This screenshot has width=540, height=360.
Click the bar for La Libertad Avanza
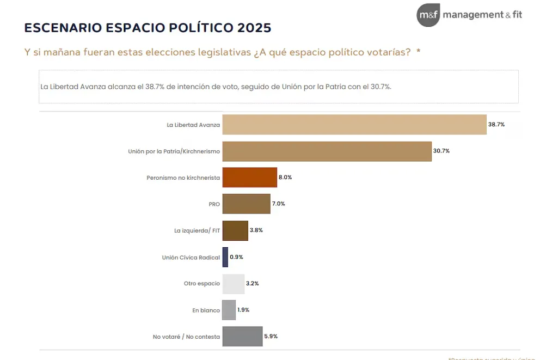(354, 125)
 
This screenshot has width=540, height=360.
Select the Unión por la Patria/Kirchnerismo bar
(327, 151)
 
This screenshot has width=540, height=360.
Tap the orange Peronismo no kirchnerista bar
(250, 178)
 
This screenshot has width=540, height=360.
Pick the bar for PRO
(246, 204)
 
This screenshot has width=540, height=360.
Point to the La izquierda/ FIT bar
(235, 230)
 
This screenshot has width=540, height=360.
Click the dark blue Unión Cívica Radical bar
(225, 257)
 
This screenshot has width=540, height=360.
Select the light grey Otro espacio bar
(234, 284)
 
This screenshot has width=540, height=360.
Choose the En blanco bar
(229, 310)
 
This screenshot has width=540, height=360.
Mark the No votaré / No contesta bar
(242, 337)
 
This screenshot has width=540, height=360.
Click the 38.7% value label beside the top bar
(496, 125)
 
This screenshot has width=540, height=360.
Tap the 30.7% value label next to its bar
(441, 151)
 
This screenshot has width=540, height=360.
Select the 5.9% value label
(271, 337)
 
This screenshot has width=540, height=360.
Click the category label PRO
(214, 204)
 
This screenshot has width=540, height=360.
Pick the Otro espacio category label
(202, 284)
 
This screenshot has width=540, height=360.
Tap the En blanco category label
(206, 310)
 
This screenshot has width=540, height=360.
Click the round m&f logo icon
(428, 15)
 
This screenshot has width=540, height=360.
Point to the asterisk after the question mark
(419, 52)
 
